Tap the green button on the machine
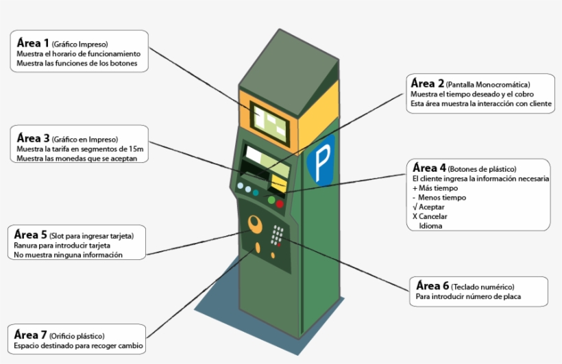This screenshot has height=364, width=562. (x=271, y=200)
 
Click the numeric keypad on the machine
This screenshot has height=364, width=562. (x=278, y=236)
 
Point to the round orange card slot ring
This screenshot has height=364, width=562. (x=256, y=223)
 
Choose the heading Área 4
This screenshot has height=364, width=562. (x=430, y=168)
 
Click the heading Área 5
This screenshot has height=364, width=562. (x=31, y=235)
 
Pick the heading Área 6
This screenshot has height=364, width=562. (x=432, y=286)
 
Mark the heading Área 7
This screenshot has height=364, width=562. (x=31, y=335)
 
